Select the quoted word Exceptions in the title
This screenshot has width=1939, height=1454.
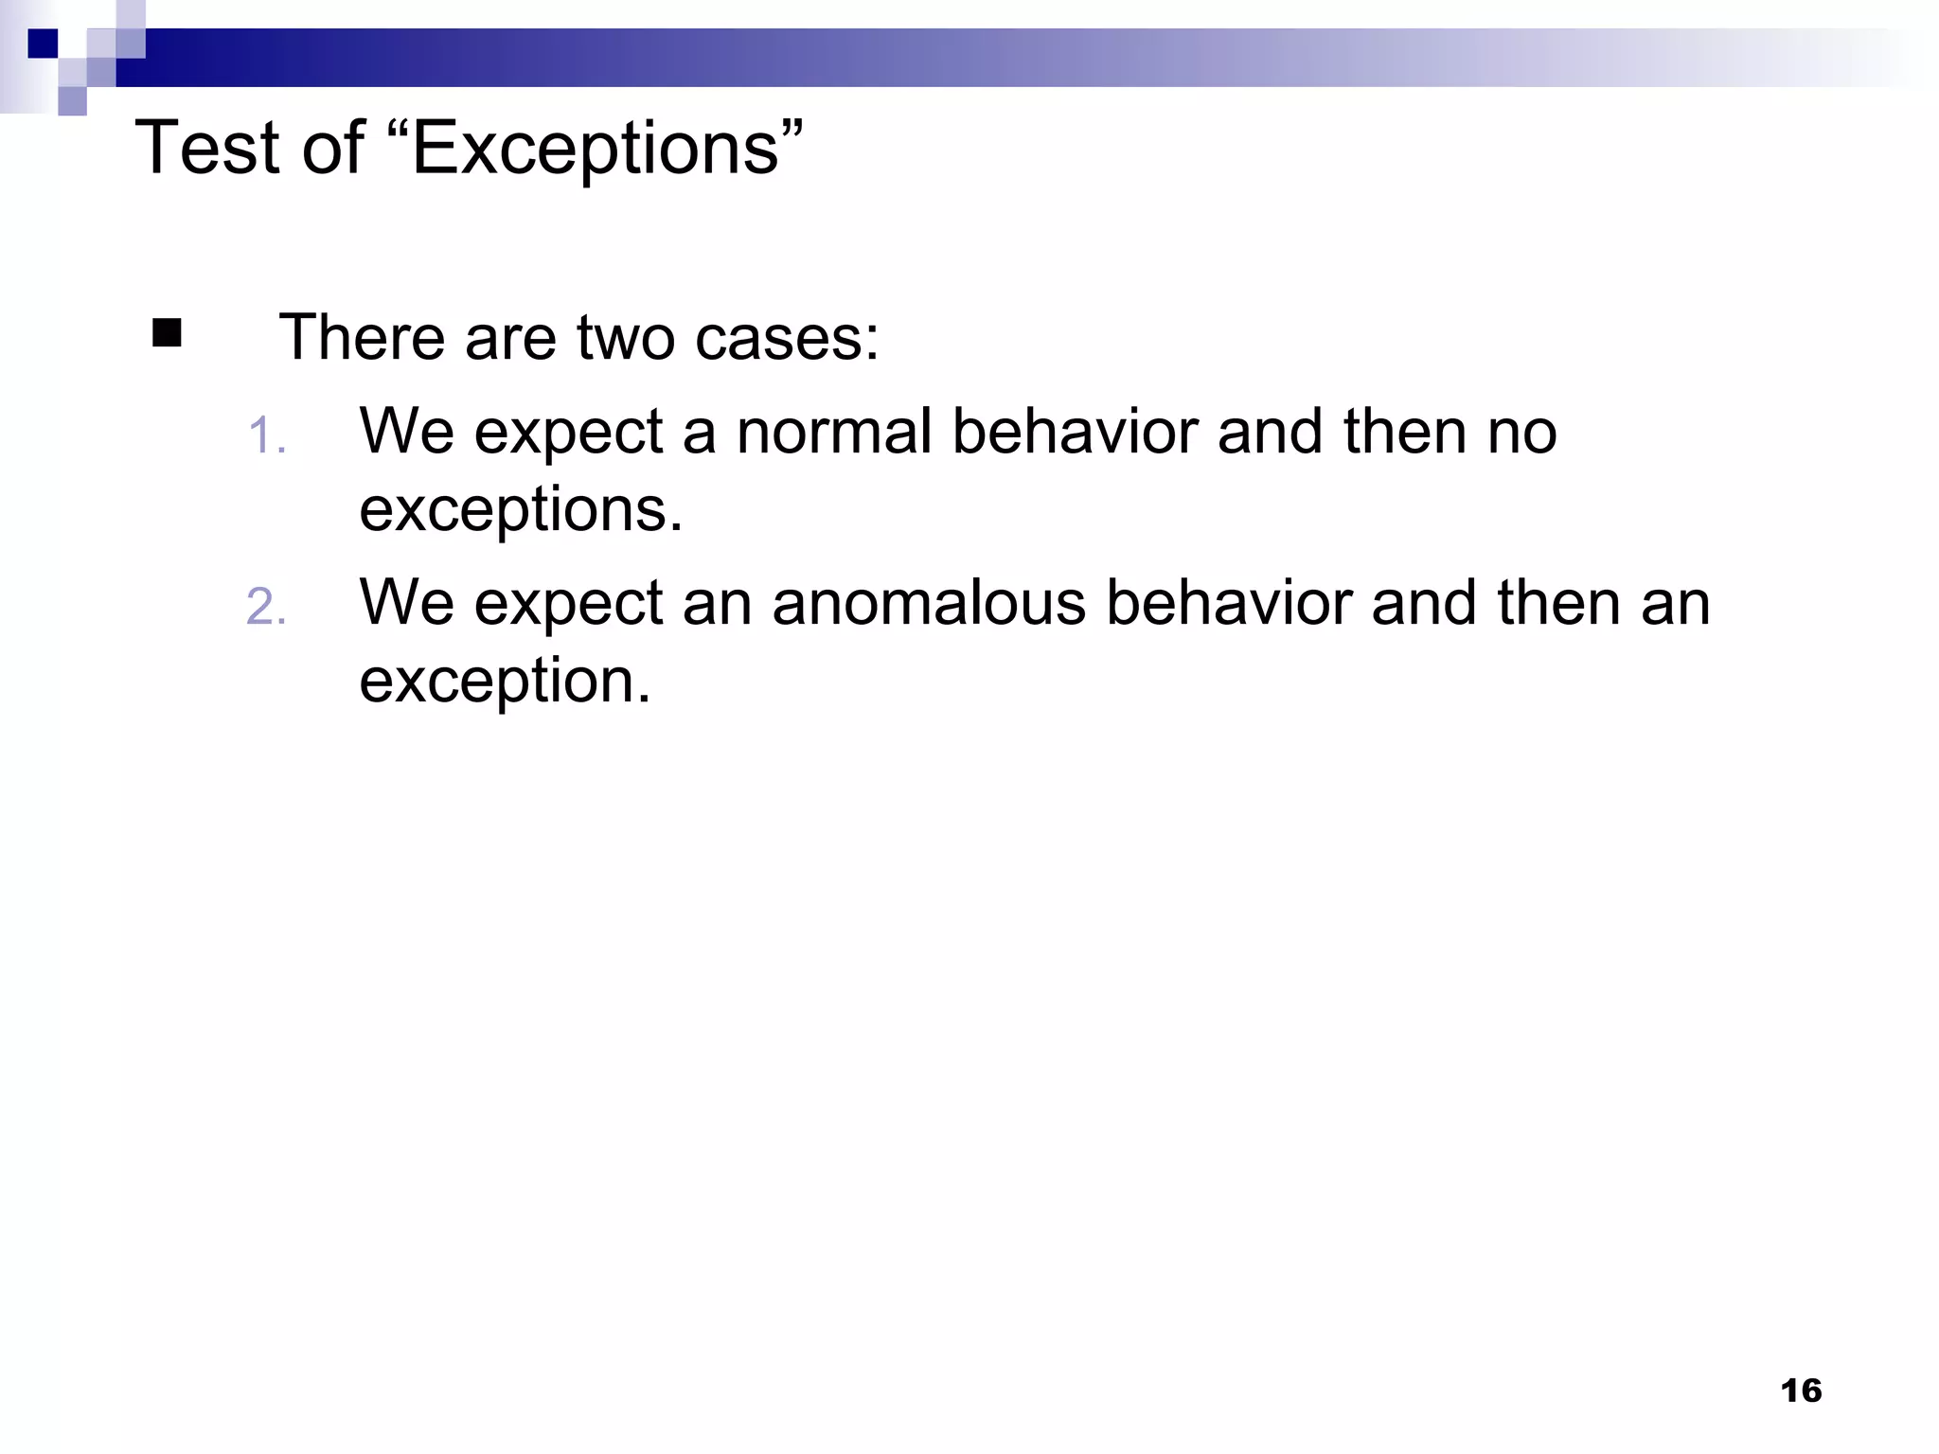pyautogui.click(x=607, y=149)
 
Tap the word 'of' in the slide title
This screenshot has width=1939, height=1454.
pyautogui.click(x=333, y=149)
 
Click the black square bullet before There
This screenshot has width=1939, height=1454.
pyautogui.click(x=167, y=334)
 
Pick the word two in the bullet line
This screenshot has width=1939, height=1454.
pyautogui.click(x=625, y=338)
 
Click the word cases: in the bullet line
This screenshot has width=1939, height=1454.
pyautogui.click(x=787, y=338)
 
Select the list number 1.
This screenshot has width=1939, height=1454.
pyautogui.click(x=266, y=437)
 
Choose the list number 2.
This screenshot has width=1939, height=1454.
pyautogui.click(x=266, y=607)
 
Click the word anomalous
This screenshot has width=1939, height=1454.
pyautogui.click(x=929, y=603)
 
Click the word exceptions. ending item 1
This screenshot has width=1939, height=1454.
pyautogui.click(x=521, y=510)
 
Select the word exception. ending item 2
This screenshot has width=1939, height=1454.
pyautogui.click(x=505, y=682)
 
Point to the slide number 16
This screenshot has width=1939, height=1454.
pyautogui.click(x=1801, y=1391)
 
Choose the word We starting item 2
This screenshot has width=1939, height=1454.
pyautogui.click(x=407, y=603)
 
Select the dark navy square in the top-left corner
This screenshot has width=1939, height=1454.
pyautogui.click(x=43, y=44)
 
